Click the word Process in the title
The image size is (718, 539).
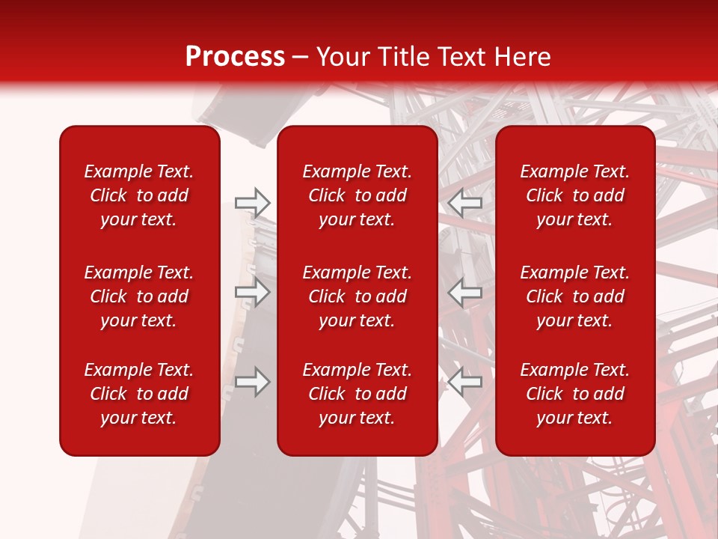click(x=235, y=57)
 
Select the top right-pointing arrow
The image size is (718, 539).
click(x=252, y=202)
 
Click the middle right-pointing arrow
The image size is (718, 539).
click(x=252, y=292)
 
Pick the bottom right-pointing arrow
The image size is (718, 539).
click(x=252, y=382)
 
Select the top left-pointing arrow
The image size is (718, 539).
click(x=465, y=202)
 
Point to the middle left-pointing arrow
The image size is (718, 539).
click(x=465, y=292)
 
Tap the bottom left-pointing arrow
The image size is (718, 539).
click(x=465, y=382)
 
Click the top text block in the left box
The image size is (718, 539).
click(x=139, y=195)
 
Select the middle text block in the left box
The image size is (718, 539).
click(x=139, y=296)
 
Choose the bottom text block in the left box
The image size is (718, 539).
click(x=139, y=394)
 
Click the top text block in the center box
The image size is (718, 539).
click(x=358, y=195)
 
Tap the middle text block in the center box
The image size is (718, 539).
click(x=358, y=296)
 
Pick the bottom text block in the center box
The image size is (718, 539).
click(x=358, y=394)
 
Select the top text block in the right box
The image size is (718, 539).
click(x=575, y=195)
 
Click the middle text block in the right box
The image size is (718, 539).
click(x=575, y=296)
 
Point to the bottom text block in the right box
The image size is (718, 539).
click(x=575, y=394)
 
